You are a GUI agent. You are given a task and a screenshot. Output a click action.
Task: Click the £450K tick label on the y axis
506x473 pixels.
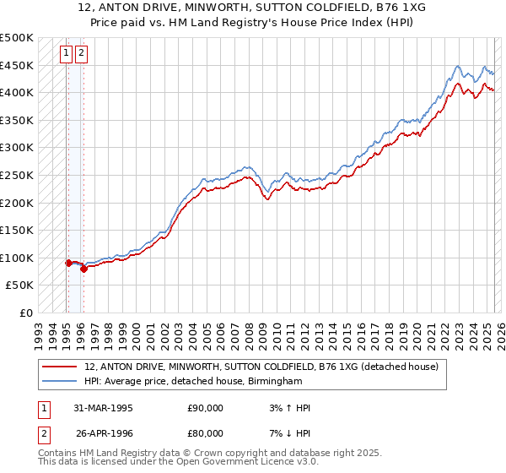coord(17,65)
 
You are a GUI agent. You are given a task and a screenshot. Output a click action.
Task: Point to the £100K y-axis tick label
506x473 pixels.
coord(17,258)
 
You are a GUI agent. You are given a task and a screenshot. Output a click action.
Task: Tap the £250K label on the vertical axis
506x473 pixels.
coord(17,175)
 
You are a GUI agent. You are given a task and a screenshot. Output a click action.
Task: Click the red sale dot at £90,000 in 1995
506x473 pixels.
coord(68,263)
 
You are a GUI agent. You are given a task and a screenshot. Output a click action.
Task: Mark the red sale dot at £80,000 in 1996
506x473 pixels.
coord(83,269)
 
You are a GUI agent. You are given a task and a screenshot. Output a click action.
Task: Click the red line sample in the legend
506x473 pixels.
coord(60,367)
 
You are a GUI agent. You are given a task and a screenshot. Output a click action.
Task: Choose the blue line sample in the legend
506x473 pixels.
coord(60,382)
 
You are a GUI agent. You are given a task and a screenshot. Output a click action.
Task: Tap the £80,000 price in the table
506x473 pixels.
coord(205,433)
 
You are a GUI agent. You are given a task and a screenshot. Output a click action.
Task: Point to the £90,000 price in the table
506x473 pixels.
coord(205,408)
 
